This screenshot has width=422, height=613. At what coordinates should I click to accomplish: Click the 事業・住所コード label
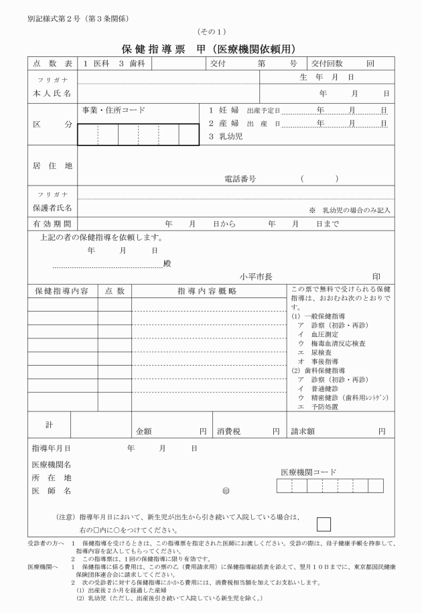click(x=113, y=110)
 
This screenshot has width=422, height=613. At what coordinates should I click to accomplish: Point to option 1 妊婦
click(x=221, y=110)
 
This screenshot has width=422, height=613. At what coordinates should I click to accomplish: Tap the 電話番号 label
click(x=240, y=179)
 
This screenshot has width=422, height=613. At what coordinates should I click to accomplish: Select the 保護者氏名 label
click(x=52, y=208)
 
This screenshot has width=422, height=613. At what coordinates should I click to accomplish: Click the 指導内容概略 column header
click(x=207, y=291)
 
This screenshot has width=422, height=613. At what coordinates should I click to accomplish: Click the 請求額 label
click(x=303, y=432)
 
